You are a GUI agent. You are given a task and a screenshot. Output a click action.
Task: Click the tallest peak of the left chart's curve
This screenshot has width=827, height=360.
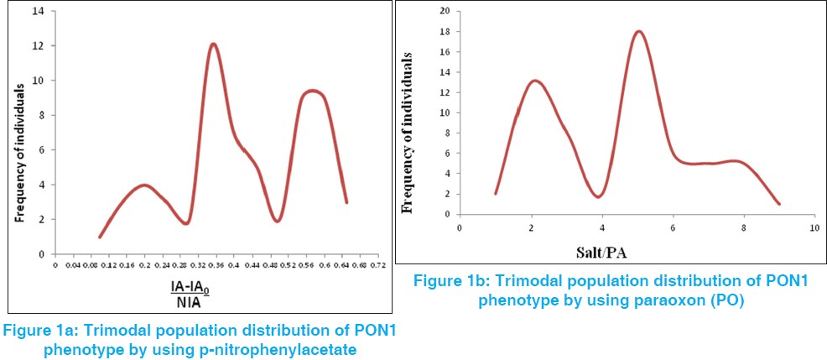tap(213, 44)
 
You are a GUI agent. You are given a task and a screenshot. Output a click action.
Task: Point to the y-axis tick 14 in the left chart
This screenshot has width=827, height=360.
tap(42, 12)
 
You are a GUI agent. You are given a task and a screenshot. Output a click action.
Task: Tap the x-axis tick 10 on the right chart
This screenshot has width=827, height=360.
tap(813, 227)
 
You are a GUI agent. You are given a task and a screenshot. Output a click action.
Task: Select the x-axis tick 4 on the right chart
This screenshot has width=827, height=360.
tap(601, 227)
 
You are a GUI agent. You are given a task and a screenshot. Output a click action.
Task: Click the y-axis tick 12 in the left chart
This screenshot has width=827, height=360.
tap(42, 46)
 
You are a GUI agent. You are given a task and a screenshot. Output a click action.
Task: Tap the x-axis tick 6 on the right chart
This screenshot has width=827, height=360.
tap(672, 227)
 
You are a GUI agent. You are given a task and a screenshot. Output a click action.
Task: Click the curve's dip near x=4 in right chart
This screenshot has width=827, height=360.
tap(597, 196)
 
